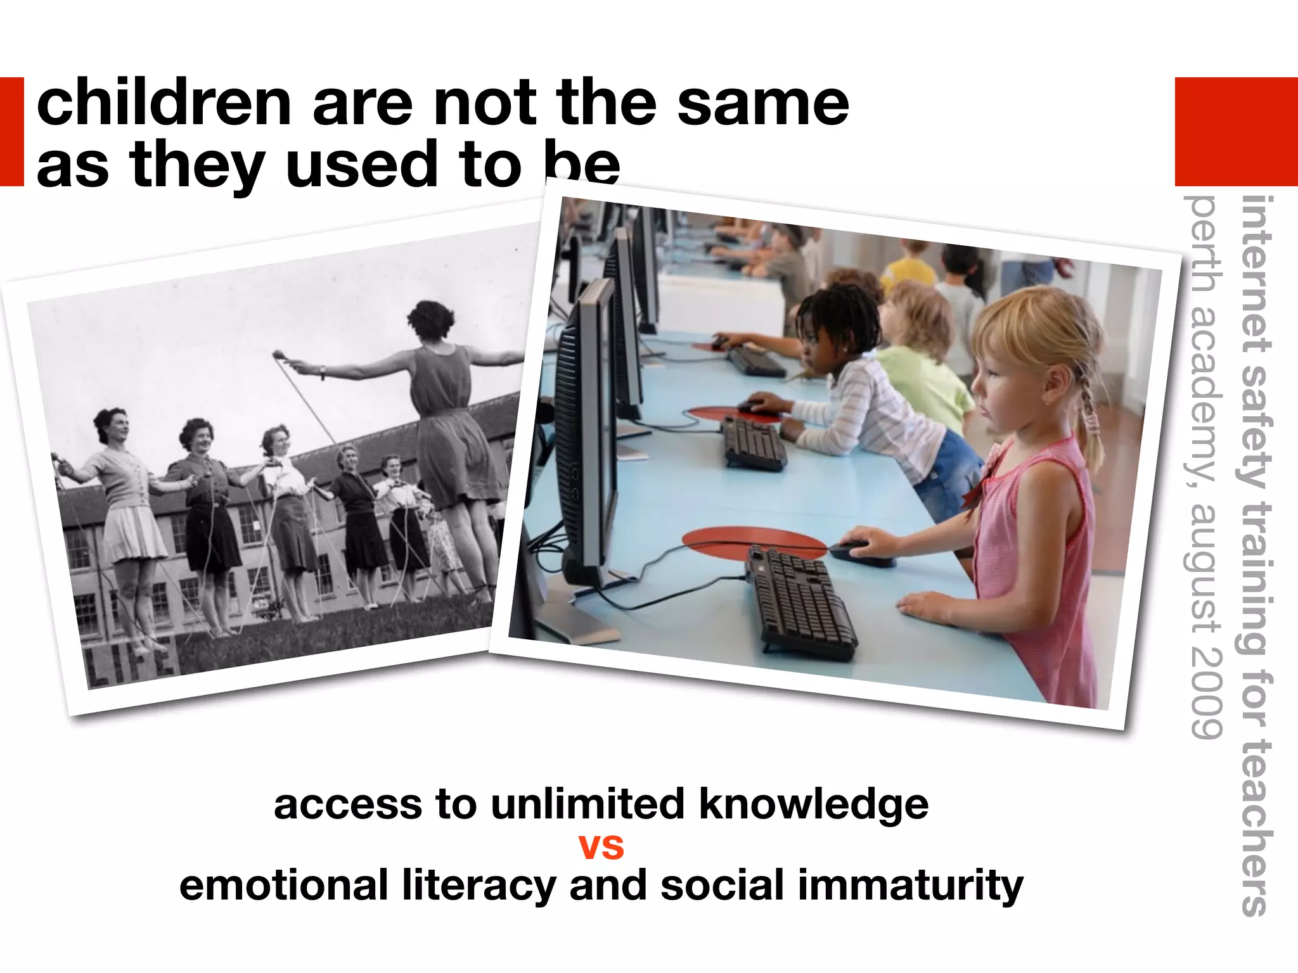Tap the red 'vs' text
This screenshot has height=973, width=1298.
[x=601, y=846]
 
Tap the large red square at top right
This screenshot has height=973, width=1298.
[x=1236, y=132]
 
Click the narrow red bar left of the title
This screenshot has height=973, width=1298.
[x=11, y=132]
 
